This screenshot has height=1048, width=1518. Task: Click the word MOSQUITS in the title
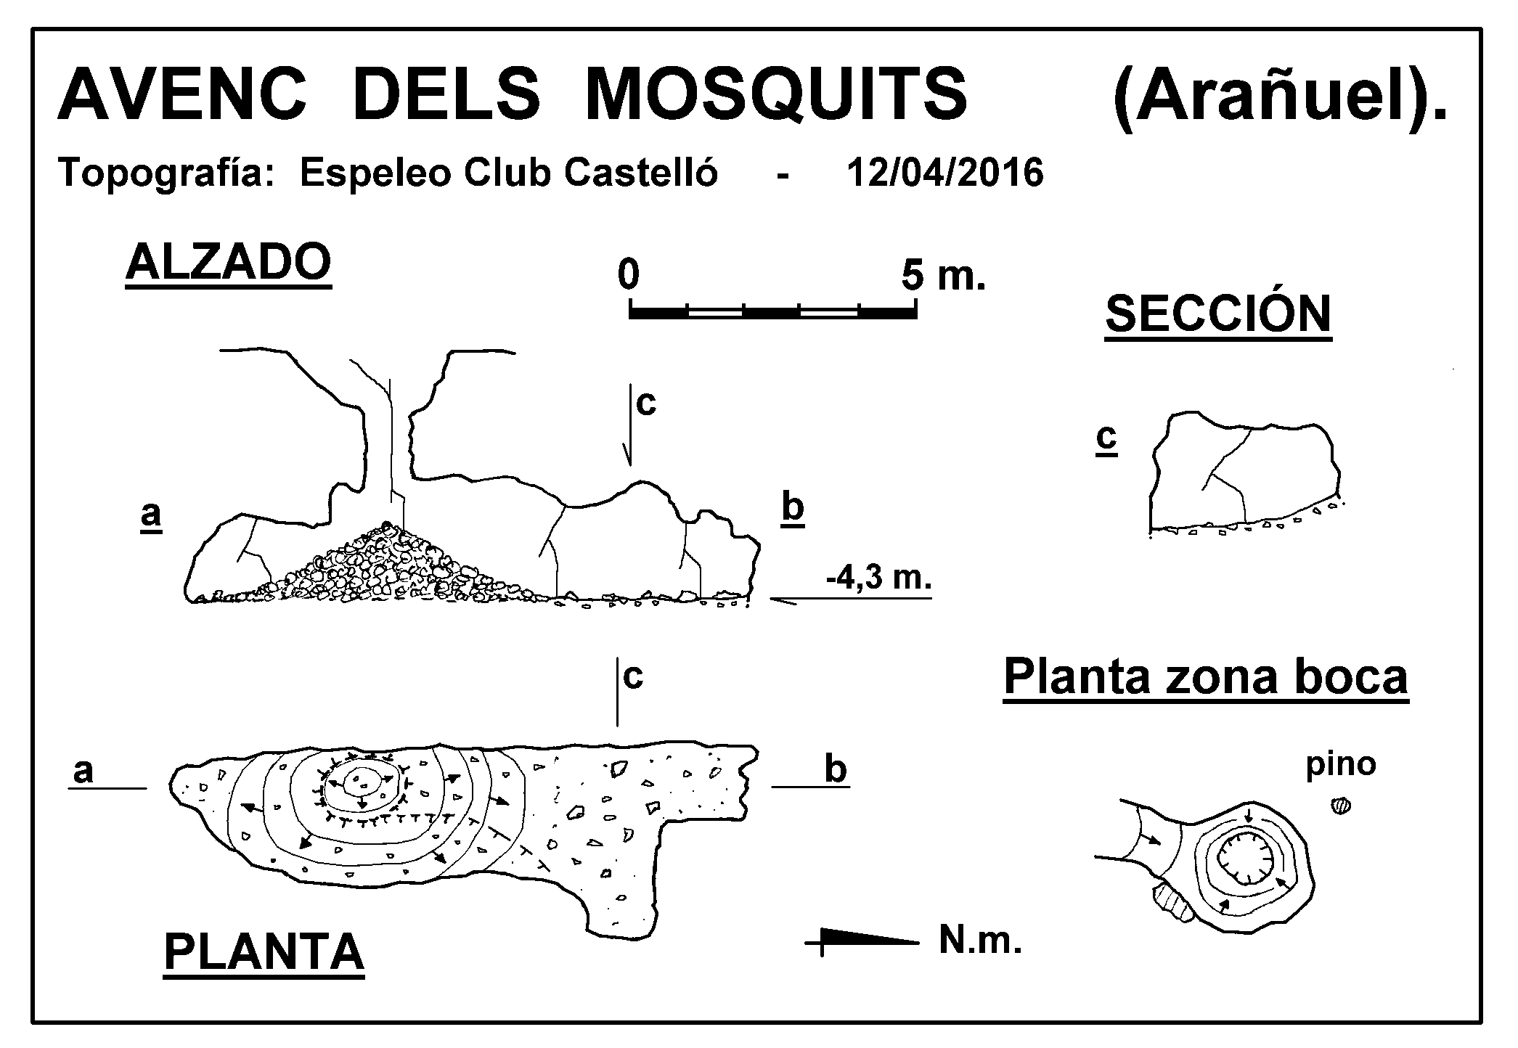[775, 95]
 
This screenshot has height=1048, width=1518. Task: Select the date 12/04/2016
[945, 173]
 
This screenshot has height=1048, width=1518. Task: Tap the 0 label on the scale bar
[629, 275]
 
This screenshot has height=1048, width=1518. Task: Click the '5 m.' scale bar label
[944, 275]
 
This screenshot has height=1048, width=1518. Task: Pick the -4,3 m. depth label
[878, 578]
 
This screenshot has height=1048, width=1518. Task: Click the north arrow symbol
[862, 943]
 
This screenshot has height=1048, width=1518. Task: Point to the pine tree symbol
[1340, 806]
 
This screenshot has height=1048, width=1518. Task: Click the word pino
[1341, 766]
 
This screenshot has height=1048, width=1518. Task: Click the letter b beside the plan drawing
[836, 769]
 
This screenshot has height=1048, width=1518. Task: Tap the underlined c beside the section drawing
[1106, 439]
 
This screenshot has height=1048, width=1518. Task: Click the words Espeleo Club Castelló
[509, 173]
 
